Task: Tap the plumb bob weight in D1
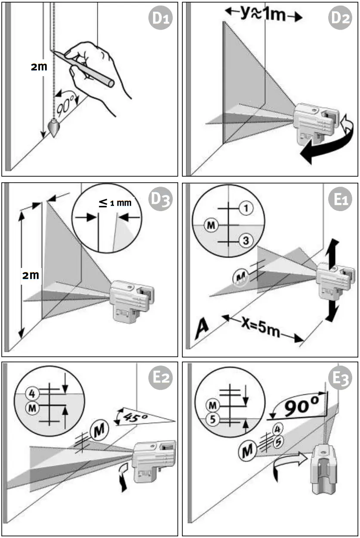pos(54,128)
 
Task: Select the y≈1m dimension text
pos(264,14)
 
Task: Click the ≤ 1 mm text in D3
pos(115,202)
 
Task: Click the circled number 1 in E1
pos(246,209)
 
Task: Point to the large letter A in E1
pos(201,328)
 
